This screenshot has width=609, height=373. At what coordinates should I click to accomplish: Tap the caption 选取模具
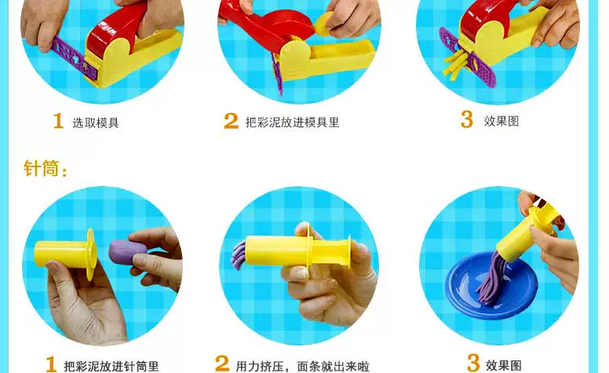pyautogui.click(x=96, y=123)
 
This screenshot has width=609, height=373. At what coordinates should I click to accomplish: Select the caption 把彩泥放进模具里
pyautogui.click(x=293, y=123)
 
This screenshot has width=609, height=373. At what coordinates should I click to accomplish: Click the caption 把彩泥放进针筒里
pyautogui.click(x=111, y=367)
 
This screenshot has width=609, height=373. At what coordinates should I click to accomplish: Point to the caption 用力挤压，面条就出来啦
pyautogui.click(x=303, y=367)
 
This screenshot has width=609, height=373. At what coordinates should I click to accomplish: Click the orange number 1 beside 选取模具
pyautogui.click(x=58, y=120)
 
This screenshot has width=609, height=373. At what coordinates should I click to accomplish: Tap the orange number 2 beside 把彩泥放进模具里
pyautogui.click(x=231, y=120)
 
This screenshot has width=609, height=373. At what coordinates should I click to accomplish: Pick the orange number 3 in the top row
pyautogui.click(x=467, y=119)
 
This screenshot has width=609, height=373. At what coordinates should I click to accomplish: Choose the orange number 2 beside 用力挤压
pyautogui.click(x=222, y=364)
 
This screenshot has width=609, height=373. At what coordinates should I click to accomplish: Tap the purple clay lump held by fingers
pyautogui.click(x=127, y=250)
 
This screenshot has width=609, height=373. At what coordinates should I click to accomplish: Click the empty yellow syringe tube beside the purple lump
pyautogui.click(x=65, y=254)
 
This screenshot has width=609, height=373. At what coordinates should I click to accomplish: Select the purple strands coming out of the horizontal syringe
pyautogui.click(x=239, y=255)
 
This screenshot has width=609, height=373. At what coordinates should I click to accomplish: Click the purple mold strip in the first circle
pyautogui.click(x=73, y=59)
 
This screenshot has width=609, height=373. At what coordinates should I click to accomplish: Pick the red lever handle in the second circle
pyautogui.click(x=268, y=26)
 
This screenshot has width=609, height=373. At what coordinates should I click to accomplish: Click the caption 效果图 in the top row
pyautogui.click(x=501, y=121)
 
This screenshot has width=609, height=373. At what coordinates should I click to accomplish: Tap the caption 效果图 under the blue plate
pyautogui.click(x=504, y=365)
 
